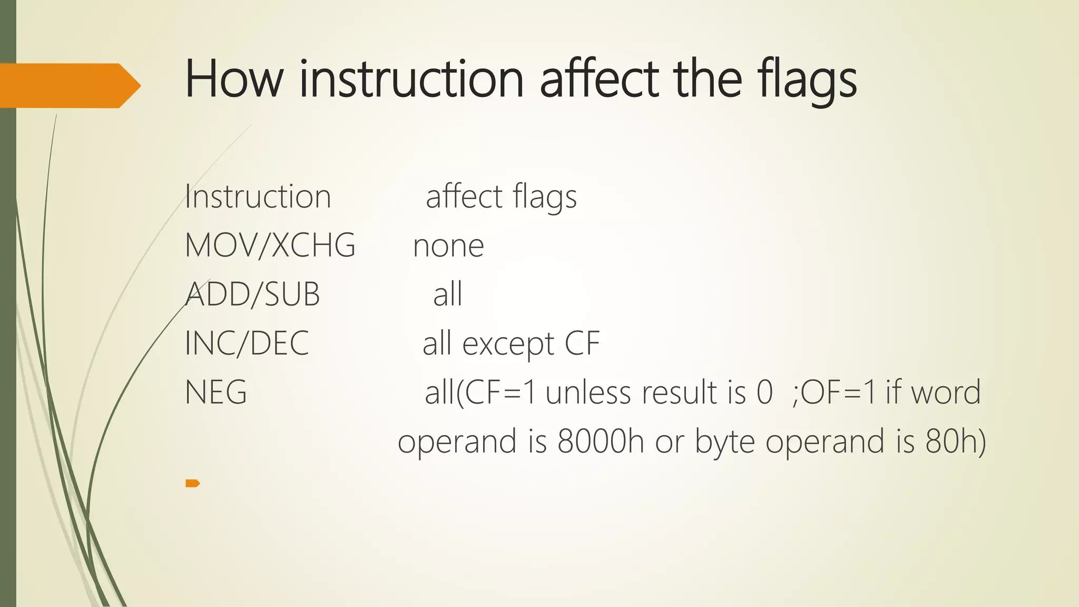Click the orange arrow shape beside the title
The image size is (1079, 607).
68,85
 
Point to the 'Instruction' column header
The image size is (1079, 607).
258,197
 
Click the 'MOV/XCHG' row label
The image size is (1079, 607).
270,246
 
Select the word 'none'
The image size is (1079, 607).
448,246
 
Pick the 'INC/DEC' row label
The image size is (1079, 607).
247,343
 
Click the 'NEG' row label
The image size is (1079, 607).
216,392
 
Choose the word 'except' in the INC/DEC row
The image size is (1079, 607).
508,344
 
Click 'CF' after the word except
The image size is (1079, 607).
582,343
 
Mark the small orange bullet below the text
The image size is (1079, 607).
192,483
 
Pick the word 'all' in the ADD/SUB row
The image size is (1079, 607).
447,294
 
